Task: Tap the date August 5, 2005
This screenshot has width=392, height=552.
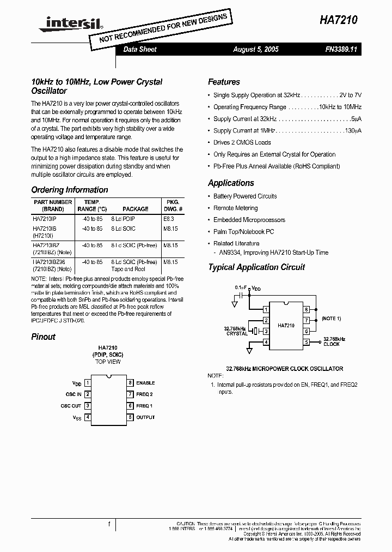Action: click(255, 49)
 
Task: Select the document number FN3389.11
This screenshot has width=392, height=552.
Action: click(340, 49)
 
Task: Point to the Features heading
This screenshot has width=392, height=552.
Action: click(224, 82)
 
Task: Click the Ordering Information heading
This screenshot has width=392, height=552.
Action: click(70, 190)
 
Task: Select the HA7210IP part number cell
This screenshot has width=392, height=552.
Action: click(45, 219)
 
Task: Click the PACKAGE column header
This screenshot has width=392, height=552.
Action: click(135, 209)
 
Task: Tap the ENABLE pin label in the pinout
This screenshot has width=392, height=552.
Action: click(145, 383)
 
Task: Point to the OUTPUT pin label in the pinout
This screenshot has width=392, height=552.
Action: click(145, 417)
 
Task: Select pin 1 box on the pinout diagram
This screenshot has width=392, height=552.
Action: click(87, 383)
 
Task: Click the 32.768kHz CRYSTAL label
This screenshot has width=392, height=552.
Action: click(236, 331)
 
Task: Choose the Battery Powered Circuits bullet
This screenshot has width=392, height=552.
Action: click(245, 196)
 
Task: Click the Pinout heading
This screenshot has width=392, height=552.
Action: click(44, 337)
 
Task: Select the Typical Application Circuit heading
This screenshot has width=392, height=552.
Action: click(256, 267)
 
